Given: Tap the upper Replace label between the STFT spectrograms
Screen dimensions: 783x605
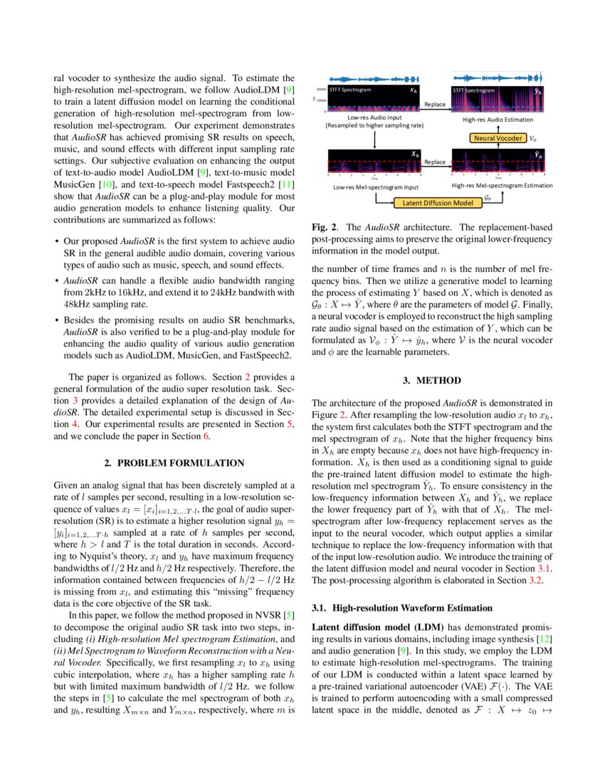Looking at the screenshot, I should [x=435, y=104].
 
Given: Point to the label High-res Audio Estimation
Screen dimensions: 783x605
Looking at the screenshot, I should [x=498, y=120].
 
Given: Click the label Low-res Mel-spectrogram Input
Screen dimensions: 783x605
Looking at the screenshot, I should [x=374, y=186].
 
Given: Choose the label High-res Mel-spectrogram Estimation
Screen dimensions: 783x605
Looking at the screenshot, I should [x=502, y=186].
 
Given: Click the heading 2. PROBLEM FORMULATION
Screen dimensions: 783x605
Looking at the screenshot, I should [x=174, y=463].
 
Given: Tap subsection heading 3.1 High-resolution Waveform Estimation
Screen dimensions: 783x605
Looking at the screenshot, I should [x=402, y=608].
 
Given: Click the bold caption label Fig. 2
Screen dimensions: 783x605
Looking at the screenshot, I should [x=324, y=226].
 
